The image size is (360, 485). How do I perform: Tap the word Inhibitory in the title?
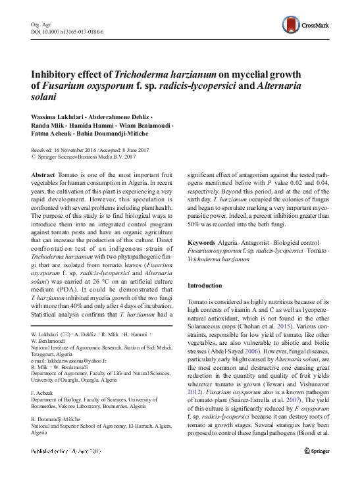tap(55, 74)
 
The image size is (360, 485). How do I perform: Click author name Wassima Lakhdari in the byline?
tap(56, 116)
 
